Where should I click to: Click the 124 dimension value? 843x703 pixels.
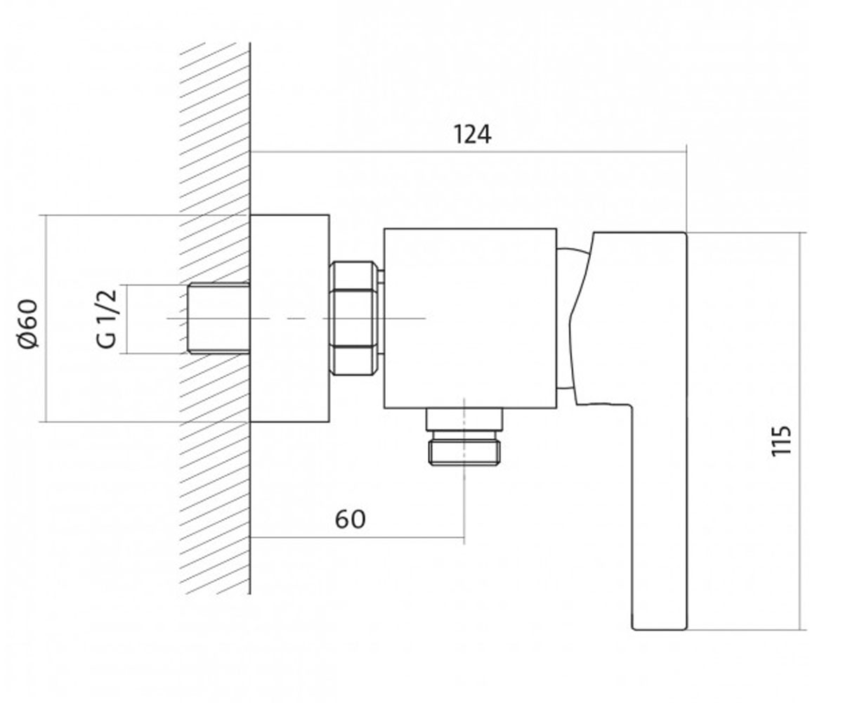point(473,134)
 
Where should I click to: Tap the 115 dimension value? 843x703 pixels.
point(782,441)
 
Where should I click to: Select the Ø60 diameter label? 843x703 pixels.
point(28,323)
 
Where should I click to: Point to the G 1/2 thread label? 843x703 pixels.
point(107,318)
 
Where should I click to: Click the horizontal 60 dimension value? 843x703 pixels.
point(350,520)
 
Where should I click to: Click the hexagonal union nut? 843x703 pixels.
point(353,318)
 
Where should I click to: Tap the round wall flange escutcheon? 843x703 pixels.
point(289,318)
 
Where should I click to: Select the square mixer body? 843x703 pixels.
point(470,318)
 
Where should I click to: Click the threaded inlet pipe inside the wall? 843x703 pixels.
point(218,318)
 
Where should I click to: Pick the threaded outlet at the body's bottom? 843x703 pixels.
point(464,437)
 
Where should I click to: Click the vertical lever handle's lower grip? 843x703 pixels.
point(659,517)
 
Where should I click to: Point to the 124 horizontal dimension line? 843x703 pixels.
point(469,152)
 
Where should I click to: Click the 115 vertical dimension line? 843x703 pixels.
point(799,431)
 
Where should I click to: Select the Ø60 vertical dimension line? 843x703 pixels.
point(46,318)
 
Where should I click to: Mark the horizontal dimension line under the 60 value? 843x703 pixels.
point(357,538)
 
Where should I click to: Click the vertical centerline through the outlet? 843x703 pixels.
point(464,471)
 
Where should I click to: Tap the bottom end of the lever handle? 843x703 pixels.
point(660,629)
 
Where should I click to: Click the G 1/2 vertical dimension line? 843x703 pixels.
point(126,319)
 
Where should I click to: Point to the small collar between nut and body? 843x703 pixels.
point(381,318)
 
